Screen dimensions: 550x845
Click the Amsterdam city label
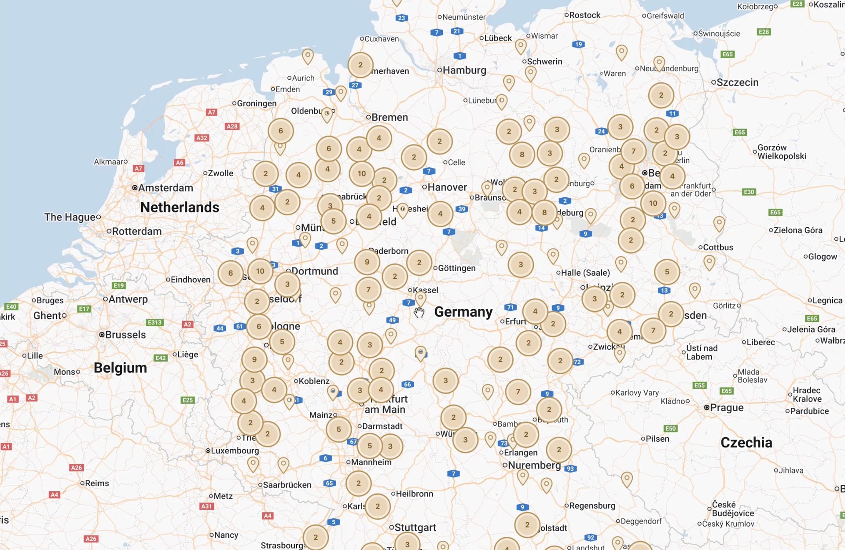click(x=165, y=188)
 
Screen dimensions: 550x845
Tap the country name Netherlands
click(x=180, y=207)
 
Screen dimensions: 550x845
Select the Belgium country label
click(x=120, y=368)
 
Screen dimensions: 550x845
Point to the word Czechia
click(x=746, y=443)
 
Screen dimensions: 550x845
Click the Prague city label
click(x=726, y=408)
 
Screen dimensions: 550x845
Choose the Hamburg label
click(x=464, y=70)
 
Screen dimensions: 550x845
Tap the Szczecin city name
click(x=737, y=82)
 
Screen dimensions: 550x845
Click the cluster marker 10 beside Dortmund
click(x=260, y=271)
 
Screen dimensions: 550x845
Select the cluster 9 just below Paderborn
click(x=367, y=262)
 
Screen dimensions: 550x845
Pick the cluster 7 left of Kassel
click(x=368, y=290)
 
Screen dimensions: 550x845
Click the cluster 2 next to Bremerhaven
click(x=360, y=65)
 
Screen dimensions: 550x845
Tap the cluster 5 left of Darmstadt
click(x=338, y=429)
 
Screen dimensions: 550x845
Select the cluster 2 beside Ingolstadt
click(x=527, y=525)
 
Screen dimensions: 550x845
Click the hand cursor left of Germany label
click(x=419, y=313)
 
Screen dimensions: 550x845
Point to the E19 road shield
click(x=119, y=285)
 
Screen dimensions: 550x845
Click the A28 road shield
click(x=232, y=126)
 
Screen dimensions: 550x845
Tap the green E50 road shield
click(x=670, y=428)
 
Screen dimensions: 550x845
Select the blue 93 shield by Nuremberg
click(x=570, y=469)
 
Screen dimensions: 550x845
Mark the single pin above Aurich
click(x=308, y=55)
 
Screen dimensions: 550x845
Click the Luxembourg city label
click(x=234, y=451)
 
